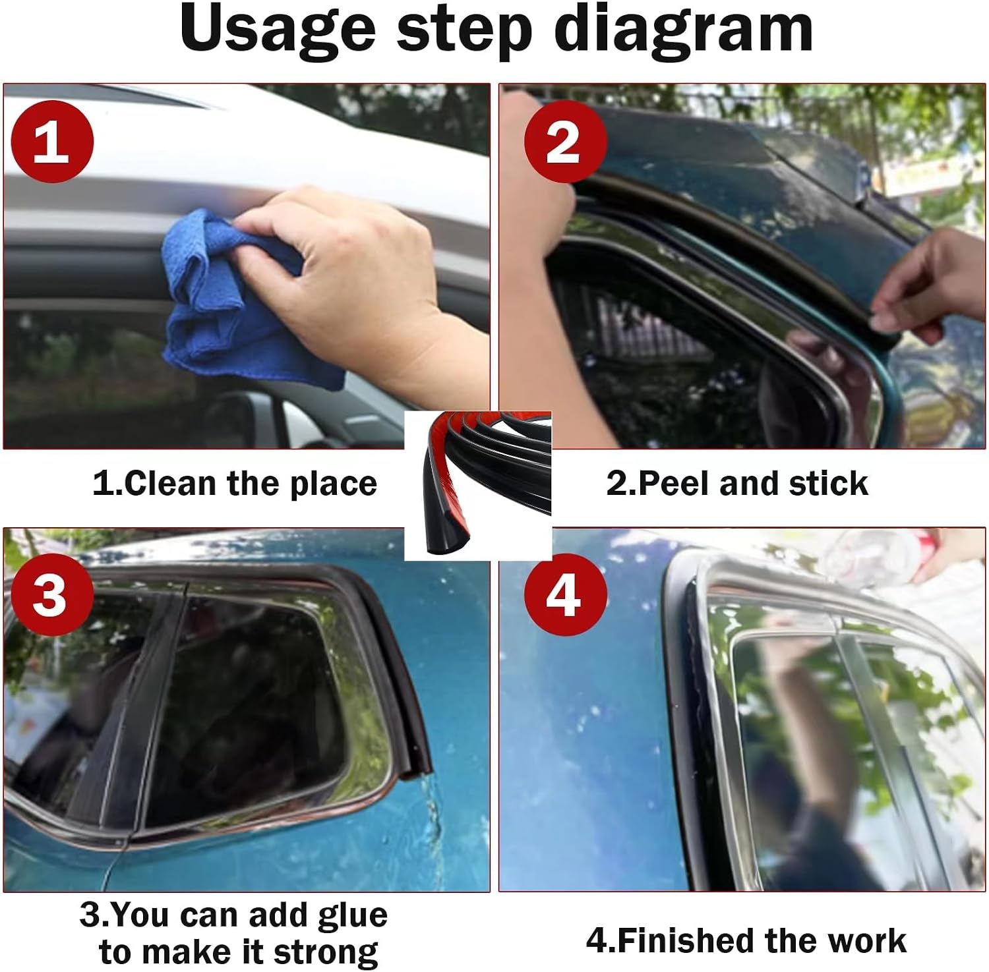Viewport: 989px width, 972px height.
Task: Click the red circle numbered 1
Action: click(53, 142)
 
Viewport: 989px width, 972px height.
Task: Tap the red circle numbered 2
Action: click(565, 142)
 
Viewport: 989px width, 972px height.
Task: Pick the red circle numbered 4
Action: click(565, 594)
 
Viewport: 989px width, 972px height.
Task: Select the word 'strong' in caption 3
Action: click(326, 952)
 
